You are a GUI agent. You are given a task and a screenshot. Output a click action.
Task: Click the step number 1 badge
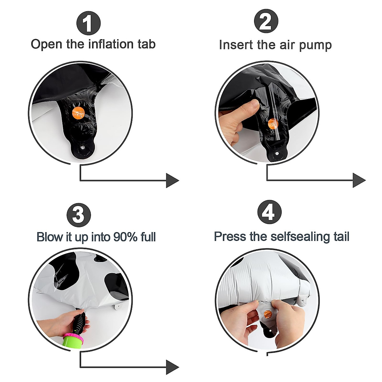point(88,23)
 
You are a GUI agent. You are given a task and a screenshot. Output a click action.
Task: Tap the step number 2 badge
point(266,21)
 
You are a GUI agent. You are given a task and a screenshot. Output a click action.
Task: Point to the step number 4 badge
point(270,212)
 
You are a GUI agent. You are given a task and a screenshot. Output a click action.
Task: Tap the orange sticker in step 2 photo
point(273,124)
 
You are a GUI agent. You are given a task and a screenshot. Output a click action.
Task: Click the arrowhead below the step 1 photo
point(172,180)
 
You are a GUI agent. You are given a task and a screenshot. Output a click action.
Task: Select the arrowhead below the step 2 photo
point(359,180)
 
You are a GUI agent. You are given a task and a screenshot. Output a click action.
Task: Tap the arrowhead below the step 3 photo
point(173,367)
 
